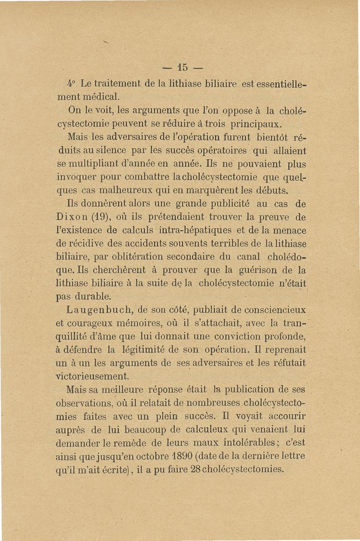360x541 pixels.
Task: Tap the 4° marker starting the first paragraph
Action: click(x=72, y=84)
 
